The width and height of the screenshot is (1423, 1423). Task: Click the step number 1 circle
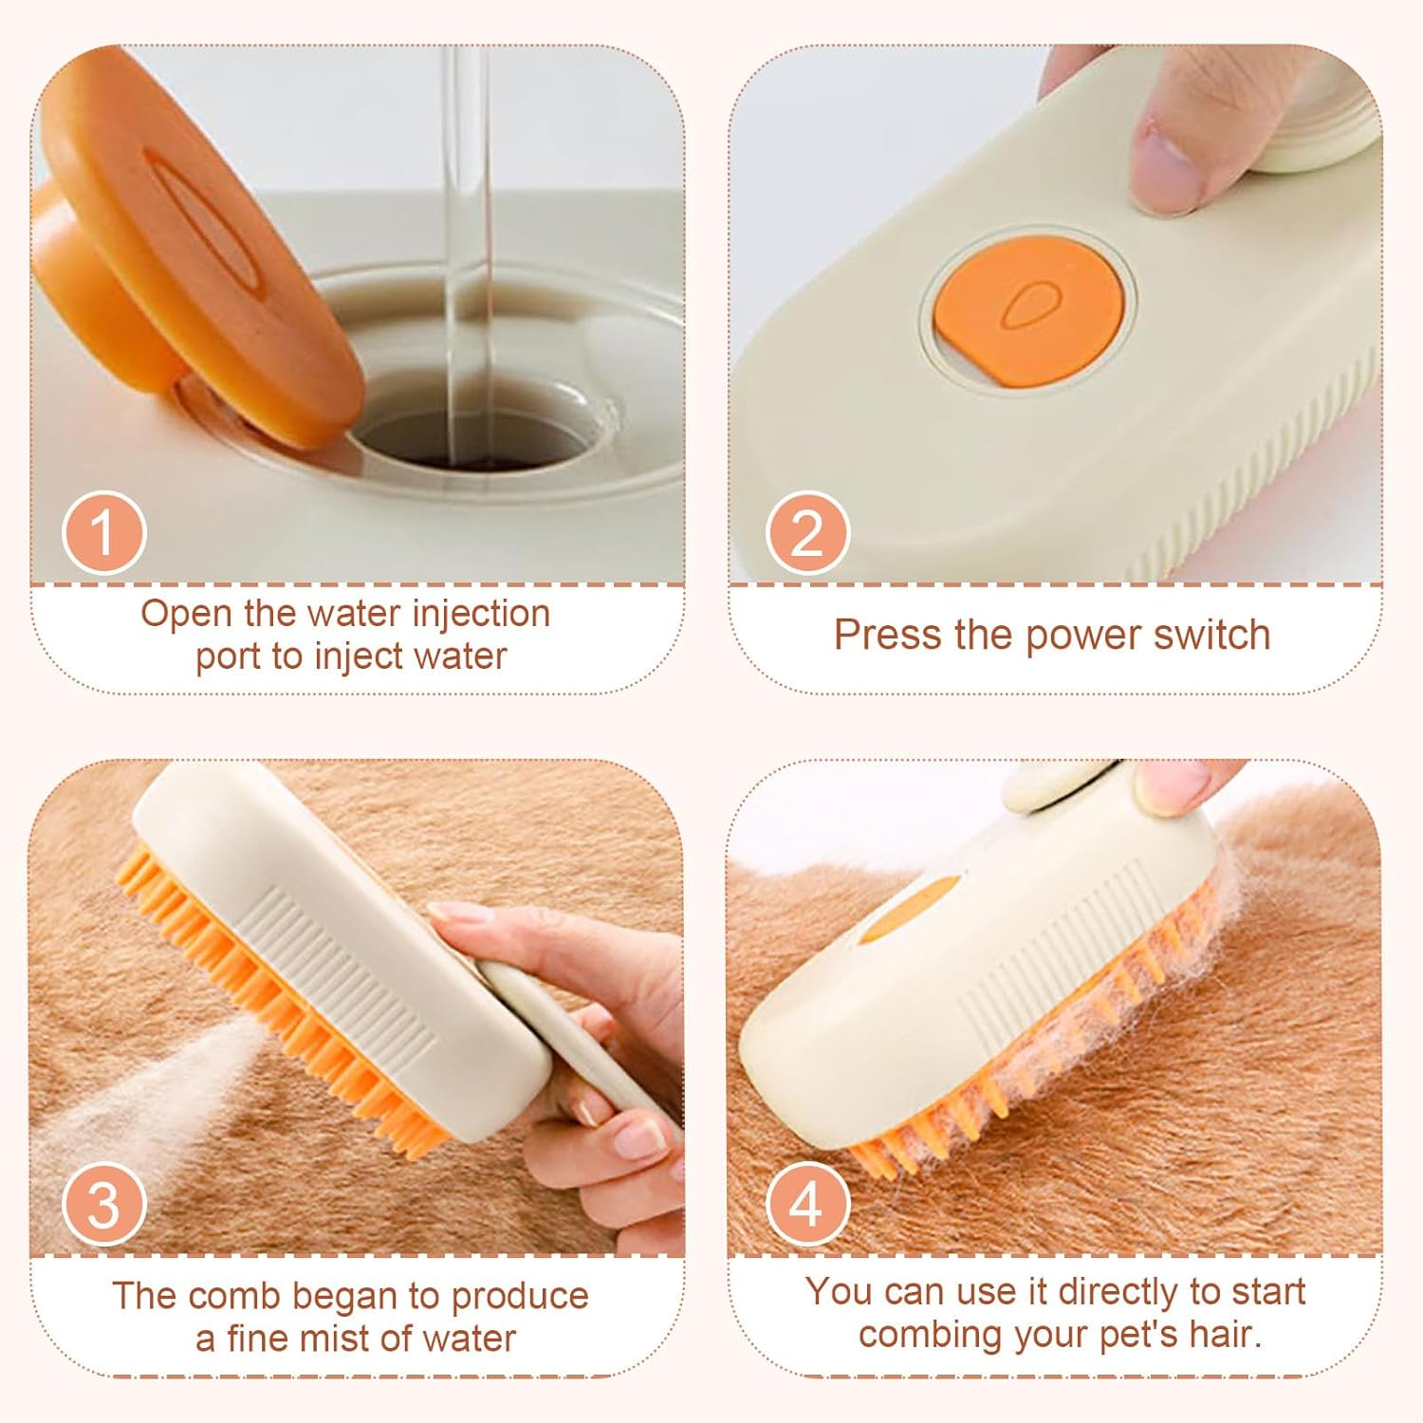[103, 533]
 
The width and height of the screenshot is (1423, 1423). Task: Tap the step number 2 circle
[807, 533]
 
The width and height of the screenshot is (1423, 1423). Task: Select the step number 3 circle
[103, 1204]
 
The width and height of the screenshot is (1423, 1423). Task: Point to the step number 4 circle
[807, 1204]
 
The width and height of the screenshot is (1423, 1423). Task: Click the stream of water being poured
[470, 237]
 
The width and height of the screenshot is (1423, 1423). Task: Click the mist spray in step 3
[123, 1100]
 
